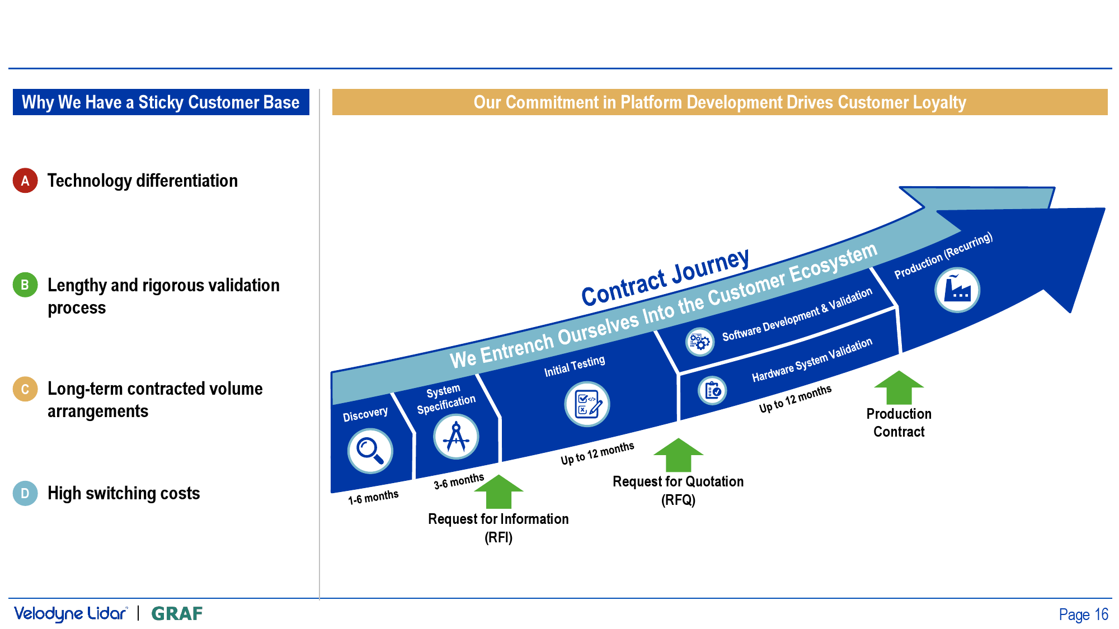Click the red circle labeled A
pos(25,181)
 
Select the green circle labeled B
pos(25,285)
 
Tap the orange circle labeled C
pos(25,389)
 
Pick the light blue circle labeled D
pos(25,493)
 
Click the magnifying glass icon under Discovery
pos(370,451)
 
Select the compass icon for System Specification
pos(456,437)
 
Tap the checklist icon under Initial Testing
pos(587,404)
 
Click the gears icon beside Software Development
pos(700,341)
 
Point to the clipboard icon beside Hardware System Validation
pos(712,390)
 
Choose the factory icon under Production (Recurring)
pos(957,290)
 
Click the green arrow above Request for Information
pos(499,491)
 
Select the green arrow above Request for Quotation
pos(679,455)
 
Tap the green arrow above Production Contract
pos(899,387)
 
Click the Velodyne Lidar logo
pos(71,614)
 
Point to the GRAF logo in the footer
pos(177,614)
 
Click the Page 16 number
pos(1083,614)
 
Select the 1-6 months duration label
pos(373,497)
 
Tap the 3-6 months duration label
pos(459,481)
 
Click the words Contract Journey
pos(665,277)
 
